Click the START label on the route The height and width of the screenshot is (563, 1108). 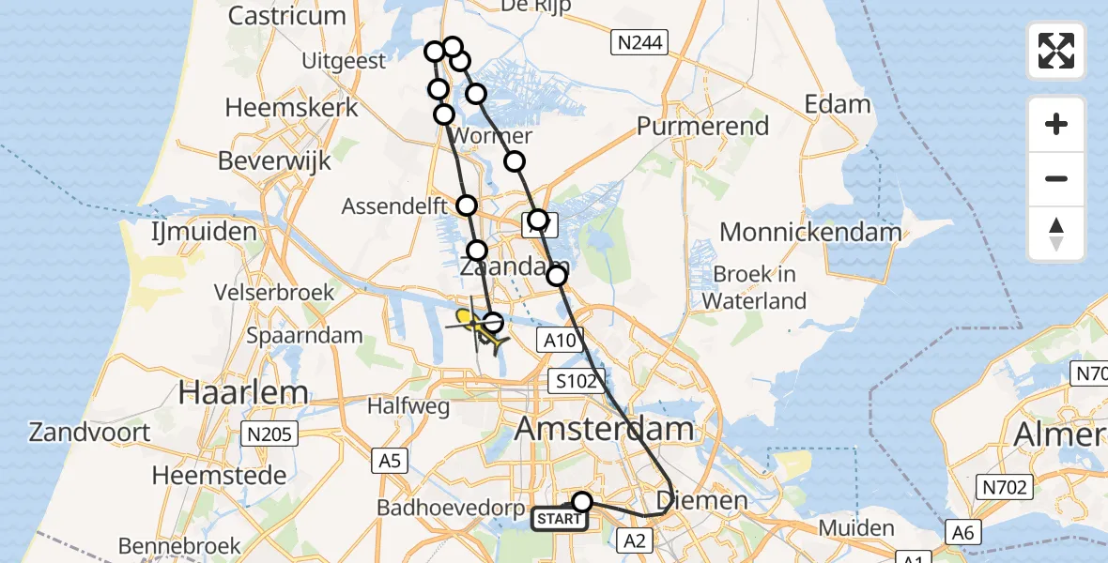[560, 519]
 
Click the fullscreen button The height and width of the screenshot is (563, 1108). [1056, 51]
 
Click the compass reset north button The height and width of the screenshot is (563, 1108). [1056, 235]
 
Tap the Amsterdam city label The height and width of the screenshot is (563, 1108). [605, 430]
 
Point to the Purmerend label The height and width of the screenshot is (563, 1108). [702, 126]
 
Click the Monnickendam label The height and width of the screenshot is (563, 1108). [810, 232]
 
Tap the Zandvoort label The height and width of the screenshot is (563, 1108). [90, 433]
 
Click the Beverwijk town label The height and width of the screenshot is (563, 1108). [274, 160]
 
